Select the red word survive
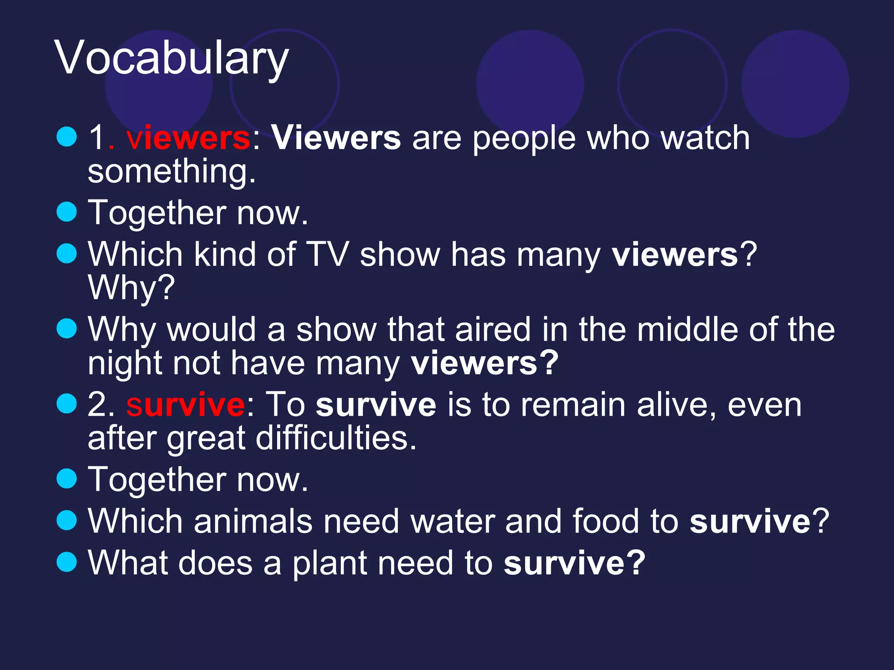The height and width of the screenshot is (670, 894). click(x=186, y=405)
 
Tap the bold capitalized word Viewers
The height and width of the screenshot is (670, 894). click(x=336, y=138)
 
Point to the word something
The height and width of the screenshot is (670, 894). click(x=171, y=171)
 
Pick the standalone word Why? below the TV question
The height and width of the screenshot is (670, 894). click(x=131, y=288)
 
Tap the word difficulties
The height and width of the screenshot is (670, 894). click(x=336, y=438)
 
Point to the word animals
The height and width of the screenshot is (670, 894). click(x=253, y=521)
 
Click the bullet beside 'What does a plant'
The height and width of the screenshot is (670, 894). click(x=67, y=562)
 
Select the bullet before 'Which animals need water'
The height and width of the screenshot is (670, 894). click(x=67, y=520)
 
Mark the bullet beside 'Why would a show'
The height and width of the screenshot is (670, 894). click(x=67, y=328)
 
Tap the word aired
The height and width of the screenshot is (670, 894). click(x=492, y=330)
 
